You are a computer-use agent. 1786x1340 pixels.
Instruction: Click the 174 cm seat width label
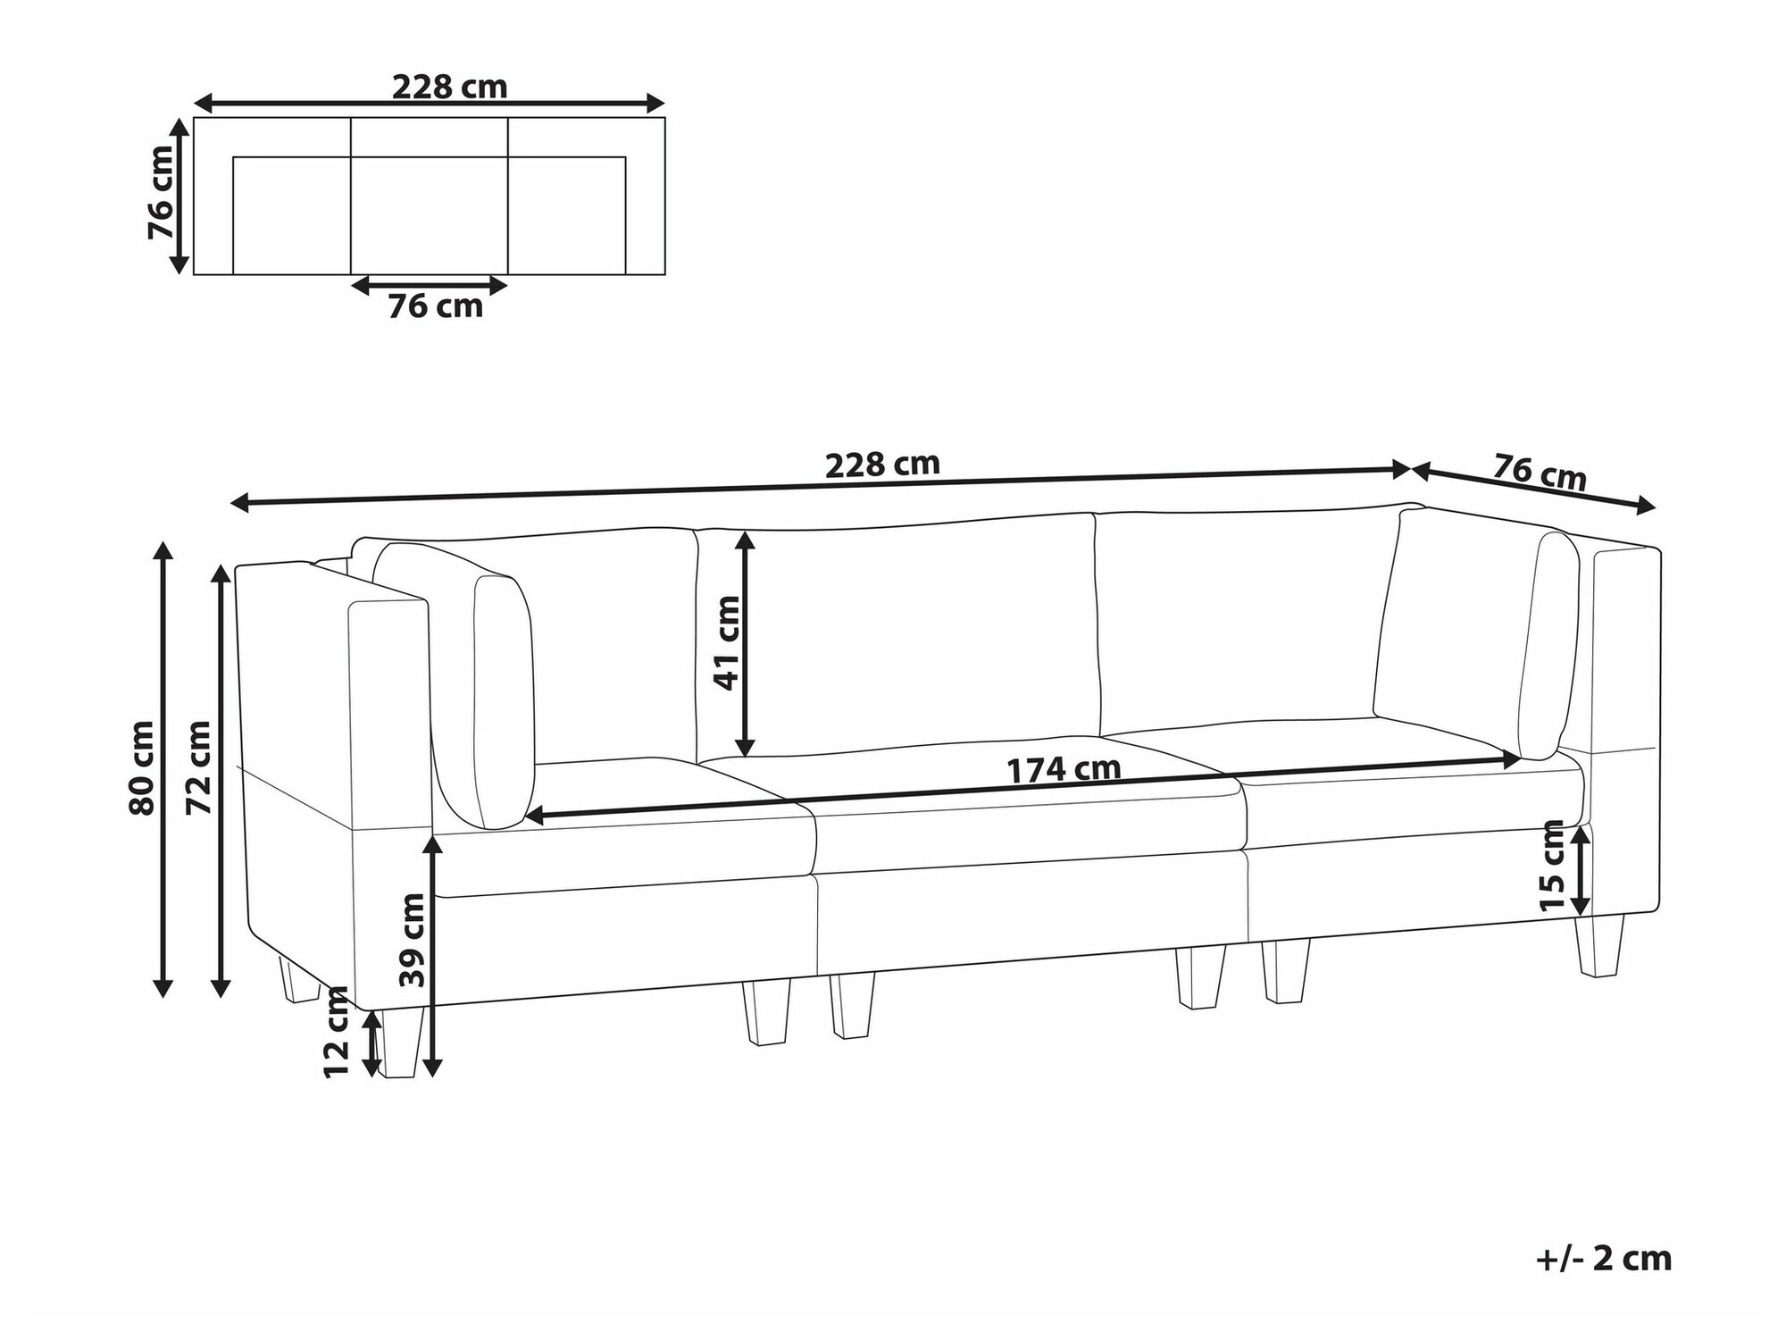tap(1063, 769)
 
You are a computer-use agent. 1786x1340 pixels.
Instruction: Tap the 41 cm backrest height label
tap(727, 642)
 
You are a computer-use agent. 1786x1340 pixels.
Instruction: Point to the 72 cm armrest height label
tap(197, 767)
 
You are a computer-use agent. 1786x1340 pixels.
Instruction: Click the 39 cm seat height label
tap(412, 940)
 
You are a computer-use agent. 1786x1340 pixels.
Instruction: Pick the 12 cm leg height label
tap(337, 1032)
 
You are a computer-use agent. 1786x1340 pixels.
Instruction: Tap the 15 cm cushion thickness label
tap(1552, 865)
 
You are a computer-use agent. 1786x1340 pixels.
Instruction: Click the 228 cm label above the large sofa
tap(881, 465)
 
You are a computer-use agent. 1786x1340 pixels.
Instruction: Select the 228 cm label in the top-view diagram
tap(449, 87)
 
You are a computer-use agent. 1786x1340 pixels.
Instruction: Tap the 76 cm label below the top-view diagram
tap(435, 306)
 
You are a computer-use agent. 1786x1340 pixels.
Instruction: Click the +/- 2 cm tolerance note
tap(1603, 1259)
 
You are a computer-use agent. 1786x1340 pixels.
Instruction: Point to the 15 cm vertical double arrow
tap(1580, 869)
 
